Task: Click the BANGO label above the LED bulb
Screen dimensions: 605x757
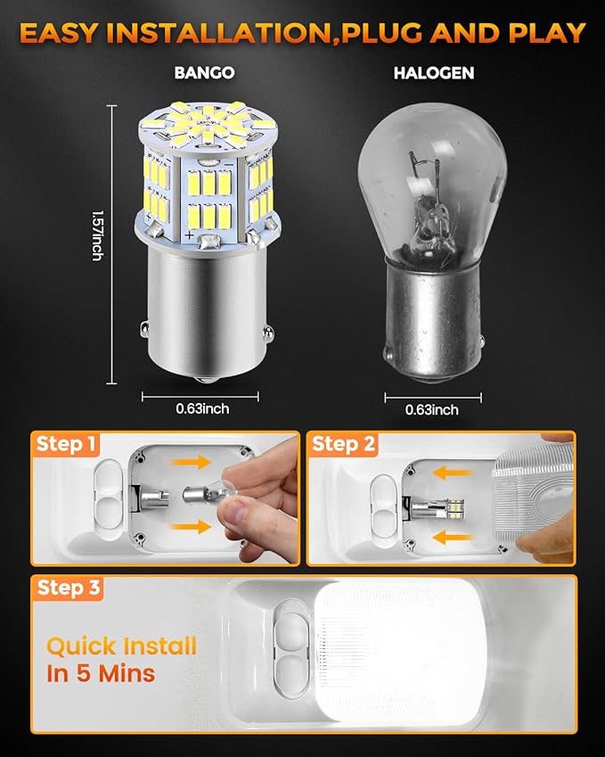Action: [204, 73]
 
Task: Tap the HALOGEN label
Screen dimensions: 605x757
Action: [434, 73]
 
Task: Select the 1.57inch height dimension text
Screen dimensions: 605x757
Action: [97, 236]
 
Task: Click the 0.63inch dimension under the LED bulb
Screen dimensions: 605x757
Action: [202, 408]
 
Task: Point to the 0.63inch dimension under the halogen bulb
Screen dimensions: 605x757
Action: [432, 410]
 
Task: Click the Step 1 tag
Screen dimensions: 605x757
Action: [66, 444]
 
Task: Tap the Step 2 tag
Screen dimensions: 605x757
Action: [342, 444]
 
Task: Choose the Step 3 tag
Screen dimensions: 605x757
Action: [68, 588]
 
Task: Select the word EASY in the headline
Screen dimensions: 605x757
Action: [58, 33]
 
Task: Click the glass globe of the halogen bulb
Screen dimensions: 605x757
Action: [433, 183]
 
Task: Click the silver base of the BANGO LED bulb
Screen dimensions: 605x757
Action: [207, 310]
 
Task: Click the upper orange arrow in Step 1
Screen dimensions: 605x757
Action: [191, 462]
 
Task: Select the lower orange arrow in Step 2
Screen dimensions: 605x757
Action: [452, 537]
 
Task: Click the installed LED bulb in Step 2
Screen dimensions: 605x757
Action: [438, 509]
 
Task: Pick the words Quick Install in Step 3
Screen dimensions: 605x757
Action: [121, 646]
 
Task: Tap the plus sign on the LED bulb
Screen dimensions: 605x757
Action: [189, 235]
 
